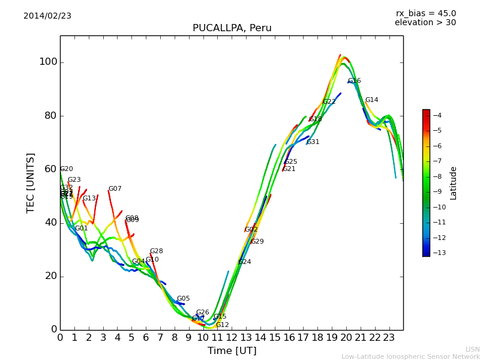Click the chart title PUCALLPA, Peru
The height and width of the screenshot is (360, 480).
pos(232,28)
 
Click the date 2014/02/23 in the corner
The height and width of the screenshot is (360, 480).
pos(47,16)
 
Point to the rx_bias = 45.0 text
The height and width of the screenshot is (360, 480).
pos(425,13)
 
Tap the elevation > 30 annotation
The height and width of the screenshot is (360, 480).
pos(425,23)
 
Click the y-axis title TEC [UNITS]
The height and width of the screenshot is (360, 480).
pos(31,182)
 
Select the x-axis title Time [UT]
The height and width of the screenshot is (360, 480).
pos(232,351)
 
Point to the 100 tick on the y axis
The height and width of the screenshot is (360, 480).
pos(48,62)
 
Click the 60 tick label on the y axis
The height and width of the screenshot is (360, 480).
pos(50,169)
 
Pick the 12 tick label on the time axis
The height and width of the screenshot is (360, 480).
pos(232,337)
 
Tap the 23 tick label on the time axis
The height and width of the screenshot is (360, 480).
pos(389,337)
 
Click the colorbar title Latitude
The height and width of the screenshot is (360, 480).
pos(454,183)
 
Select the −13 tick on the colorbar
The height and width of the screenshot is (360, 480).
pos(437,253)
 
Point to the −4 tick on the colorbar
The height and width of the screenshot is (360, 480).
pos(437,115)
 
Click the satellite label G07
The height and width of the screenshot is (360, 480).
pos(115,189)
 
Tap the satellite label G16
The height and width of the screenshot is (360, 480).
pos(354,81)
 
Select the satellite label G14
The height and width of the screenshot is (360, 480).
pos(371,100)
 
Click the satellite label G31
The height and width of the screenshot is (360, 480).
pos(313,142)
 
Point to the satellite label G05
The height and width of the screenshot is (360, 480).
pos(183,299)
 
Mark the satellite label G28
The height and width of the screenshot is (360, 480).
pos(156,251)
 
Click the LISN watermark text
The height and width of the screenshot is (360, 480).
pos(472,349)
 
